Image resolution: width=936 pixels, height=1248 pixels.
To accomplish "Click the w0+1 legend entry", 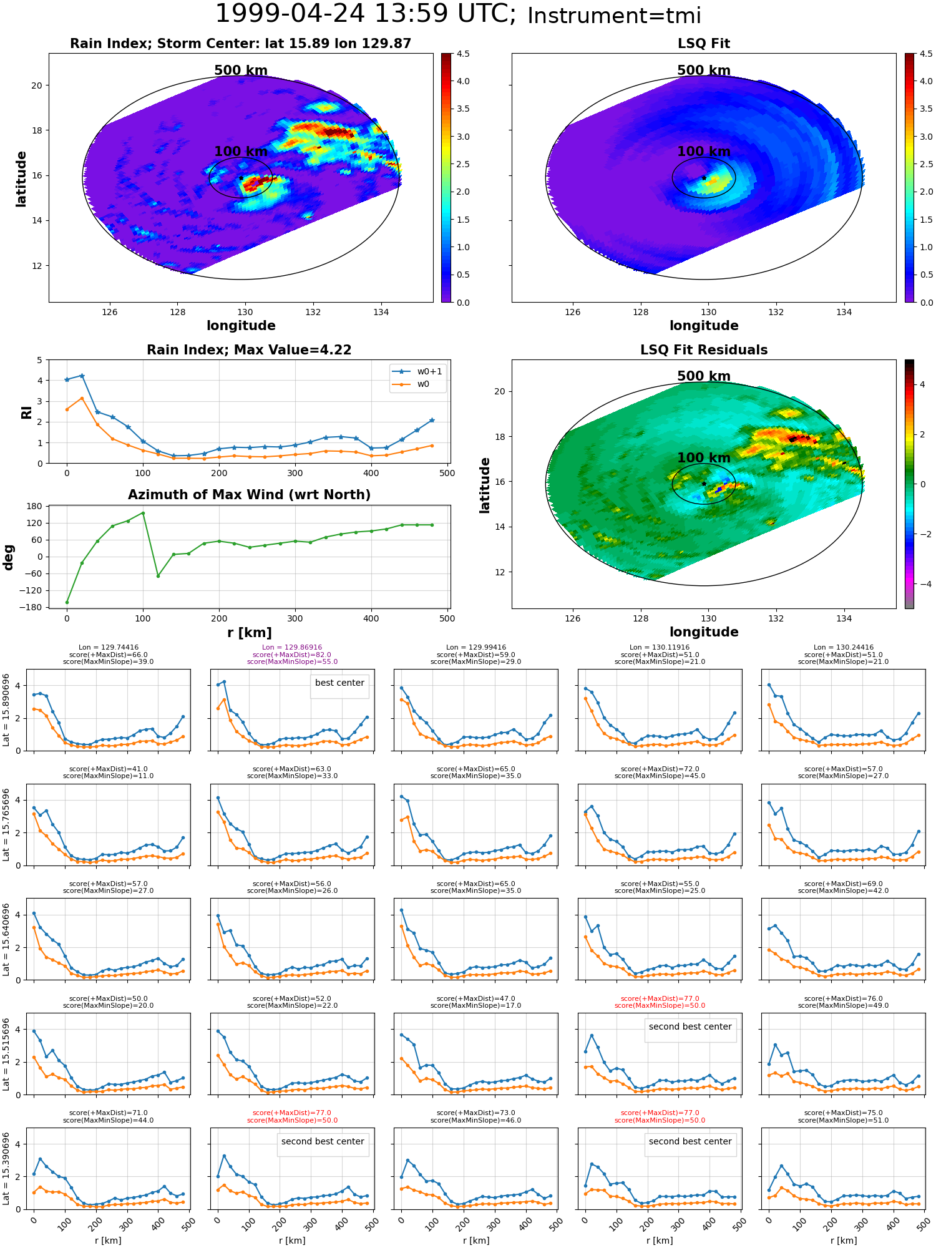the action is click(x=417, y=372).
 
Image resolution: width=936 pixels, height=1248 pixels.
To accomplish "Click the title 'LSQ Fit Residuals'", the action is click(x=704, y=350).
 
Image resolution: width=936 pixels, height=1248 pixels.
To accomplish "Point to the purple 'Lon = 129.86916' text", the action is click(x=292, y=648).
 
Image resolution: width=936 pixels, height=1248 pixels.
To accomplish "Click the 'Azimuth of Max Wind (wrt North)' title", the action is click(x=249, y=495).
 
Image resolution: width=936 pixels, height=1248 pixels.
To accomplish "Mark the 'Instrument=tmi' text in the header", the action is click(x=614, y=16).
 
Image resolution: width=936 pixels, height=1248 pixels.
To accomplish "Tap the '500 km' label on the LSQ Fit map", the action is click(x=704, y=71).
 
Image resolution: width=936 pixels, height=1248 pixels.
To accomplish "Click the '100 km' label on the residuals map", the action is click(x=704, y=458).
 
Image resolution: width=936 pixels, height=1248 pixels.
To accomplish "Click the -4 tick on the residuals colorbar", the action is click(x=922, y=584).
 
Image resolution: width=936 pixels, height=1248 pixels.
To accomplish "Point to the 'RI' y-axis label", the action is click(x=26, y=412).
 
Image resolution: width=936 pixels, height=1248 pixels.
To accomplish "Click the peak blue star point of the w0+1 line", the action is click(x=82, y=376).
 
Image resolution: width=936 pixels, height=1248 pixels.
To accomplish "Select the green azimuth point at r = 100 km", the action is click(x=143, y=513).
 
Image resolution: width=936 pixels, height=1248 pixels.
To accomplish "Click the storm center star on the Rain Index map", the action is click(x=241, y=178).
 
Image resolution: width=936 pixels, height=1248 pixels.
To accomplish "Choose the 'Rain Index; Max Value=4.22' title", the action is click(x=249, y=350).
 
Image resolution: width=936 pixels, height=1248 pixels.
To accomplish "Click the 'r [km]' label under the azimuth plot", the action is click(x=250, y=633).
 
